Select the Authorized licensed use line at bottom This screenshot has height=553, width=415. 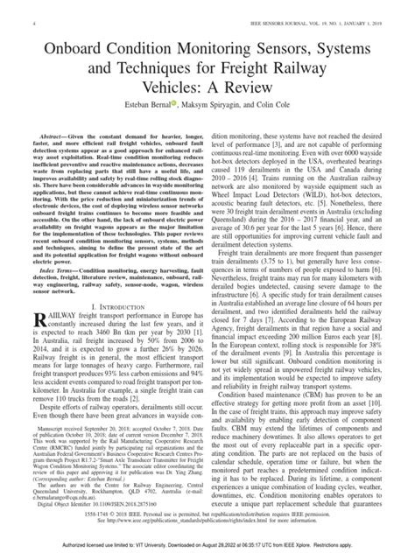coord(207,546)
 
